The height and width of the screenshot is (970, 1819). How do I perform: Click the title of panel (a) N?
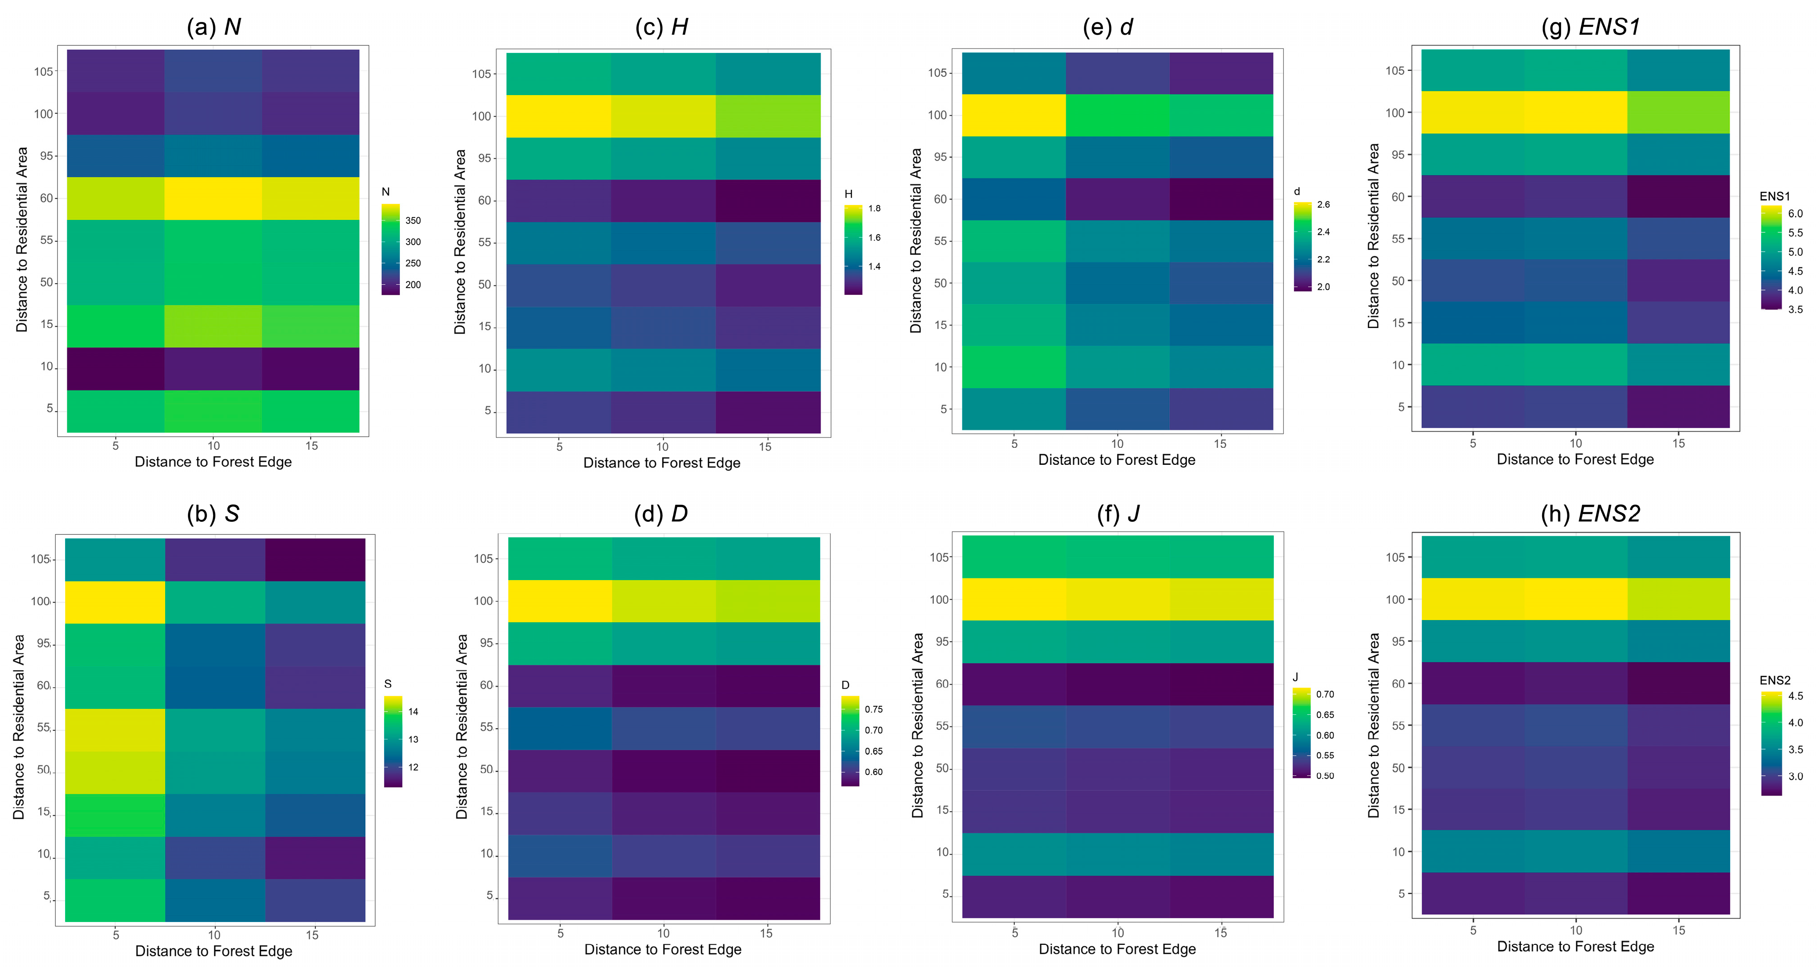point(213,27)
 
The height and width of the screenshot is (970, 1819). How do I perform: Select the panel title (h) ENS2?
point(1590,513)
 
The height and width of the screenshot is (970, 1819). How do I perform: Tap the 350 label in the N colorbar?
point(413,220)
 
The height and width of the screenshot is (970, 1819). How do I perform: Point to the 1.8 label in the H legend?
point(874,208)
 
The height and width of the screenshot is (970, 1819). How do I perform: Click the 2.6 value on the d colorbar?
point(1323,205)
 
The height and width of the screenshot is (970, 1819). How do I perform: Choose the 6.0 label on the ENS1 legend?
point(1795,213)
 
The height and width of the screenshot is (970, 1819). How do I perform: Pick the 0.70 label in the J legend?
point(1325,694)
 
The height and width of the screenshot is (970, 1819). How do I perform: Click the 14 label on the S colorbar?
point(413,712)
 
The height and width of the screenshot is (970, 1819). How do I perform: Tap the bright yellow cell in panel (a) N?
point(213,198)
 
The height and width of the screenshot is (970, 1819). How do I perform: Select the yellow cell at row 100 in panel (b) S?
point(115,602)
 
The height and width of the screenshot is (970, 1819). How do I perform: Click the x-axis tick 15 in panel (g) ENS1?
point(1679,443)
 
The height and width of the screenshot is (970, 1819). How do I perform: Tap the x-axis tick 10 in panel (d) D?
point(663,933)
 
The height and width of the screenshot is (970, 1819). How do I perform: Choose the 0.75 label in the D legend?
point(874,709)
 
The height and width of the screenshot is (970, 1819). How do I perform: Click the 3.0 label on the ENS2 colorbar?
point(1795,776)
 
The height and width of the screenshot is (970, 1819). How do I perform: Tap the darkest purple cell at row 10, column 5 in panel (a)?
point(115,368)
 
